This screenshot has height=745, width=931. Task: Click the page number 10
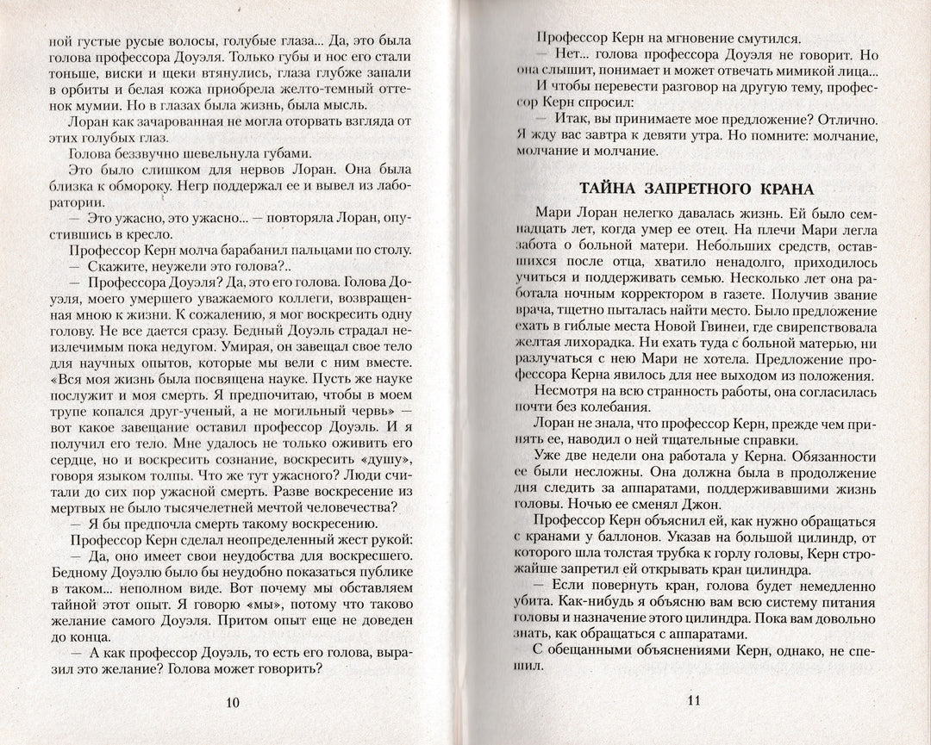(x=232, y=702)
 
